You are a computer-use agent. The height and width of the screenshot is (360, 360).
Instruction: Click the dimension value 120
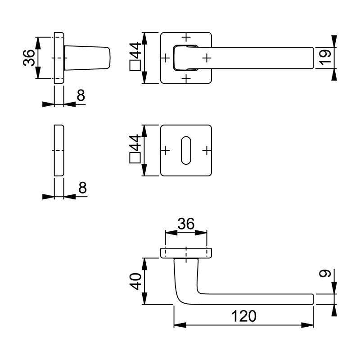245,316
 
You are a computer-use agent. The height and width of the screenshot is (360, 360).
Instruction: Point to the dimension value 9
326,273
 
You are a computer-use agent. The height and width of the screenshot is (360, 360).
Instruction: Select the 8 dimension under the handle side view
81,95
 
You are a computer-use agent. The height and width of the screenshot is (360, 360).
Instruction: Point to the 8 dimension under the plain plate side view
81,188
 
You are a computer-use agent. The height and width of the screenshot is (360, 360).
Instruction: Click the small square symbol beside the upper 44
135,67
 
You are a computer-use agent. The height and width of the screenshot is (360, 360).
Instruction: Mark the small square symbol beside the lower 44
135,158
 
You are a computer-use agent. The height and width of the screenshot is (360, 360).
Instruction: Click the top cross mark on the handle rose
186,36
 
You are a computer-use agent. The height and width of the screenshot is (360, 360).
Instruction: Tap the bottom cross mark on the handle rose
186,79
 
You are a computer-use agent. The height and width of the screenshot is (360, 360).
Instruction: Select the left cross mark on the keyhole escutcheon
165,149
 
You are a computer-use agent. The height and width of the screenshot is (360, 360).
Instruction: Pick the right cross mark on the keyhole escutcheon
207,149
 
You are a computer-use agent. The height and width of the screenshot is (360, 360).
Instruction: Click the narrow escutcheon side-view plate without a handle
58,150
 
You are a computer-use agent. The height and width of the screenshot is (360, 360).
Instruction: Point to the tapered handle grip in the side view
88,58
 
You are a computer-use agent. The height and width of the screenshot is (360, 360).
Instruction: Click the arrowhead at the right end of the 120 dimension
310,324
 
